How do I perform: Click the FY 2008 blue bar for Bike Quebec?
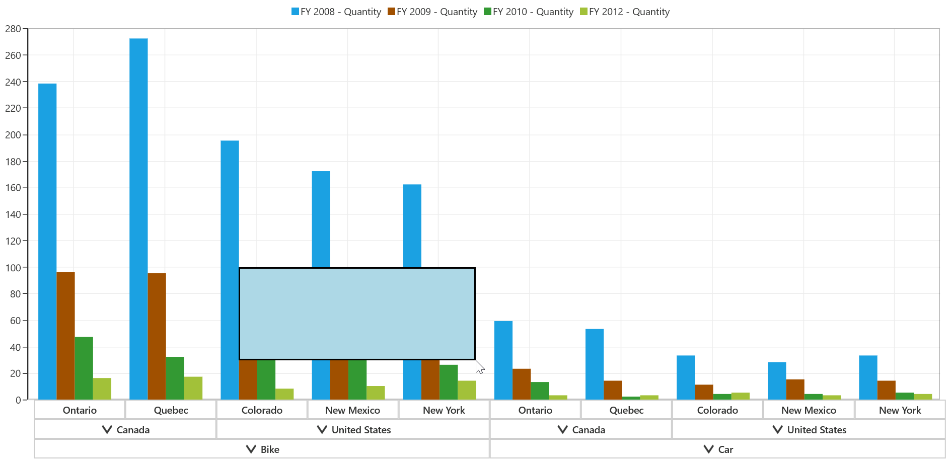point(138,219)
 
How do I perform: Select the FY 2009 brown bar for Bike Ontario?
point(66,336)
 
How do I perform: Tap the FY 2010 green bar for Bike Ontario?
point(84,368)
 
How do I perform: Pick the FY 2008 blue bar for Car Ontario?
point(503,360)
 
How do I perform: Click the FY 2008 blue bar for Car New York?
point(868,377)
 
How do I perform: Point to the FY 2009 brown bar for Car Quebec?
point(613,390)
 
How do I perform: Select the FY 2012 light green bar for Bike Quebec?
point(193,388)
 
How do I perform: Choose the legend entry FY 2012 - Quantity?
point(625,12)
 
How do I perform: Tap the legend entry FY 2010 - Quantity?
point(529,12)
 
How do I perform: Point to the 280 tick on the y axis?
point(13,29)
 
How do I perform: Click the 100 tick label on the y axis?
point(13,267)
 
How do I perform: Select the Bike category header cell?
point(262,449)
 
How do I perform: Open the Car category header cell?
point(718,449)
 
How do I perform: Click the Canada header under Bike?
point(125,429)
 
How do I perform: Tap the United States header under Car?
point(809,429)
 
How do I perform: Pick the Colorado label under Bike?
point(262,410)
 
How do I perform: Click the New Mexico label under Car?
point(809,410)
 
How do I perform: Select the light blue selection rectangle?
point(357,314)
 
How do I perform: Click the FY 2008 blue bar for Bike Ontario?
point(47,242)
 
